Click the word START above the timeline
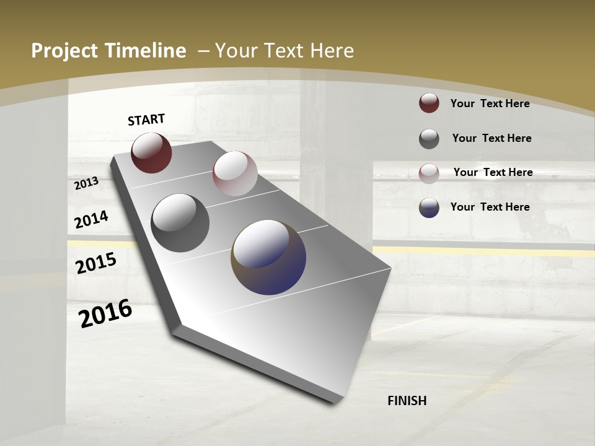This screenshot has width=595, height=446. [x=146, y=120]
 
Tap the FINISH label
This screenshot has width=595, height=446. [x=407, y=401]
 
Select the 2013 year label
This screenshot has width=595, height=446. [x=86, y=183]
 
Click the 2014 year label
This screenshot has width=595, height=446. [x=91, y=219]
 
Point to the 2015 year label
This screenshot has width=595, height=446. [x=95, y=263]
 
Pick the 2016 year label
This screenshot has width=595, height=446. [x=105, y=313]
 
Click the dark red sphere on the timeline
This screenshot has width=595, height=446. [x=151, y=152]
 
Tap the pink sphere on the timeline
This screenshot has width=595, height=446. [x=235, y=173]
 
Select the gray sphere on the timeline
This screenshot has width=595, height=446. [x=180, y=222]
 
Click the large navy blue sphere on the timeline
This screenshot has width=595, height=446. [x=268, y=256]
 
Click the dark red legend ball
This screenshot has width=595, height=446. [x=429, y=103]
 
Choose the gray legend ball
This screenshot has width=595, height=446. [x=429, y=139]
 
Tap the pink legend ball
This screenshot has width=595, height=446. [x=429, y=173]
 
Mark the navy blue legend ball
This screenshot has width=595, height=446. [x=429, y=208]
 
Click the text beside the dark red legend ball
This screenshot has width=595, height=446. [x=490, y=103]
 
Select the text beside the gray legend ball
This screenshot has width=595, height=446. [x=491, y=138]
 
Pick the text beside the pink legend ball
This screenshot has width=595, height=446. [x=493, y=172]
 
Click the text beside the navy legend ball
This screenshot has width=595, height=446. [x=490, y=207]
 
